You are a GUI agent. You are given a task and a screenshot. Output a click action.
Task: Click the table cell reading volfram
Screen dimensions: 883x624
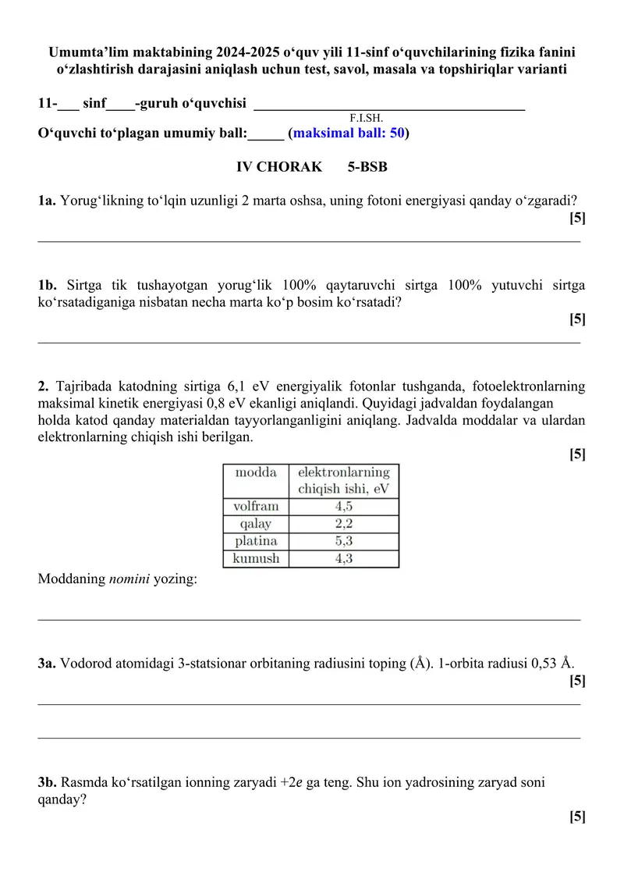(256, 506)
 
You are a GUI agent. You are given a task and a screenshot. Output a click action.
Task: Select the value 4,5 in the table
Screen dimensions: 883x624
(343, 506)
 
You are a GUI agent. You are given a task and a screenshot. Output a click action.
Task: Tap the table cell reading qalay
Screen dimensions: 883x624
(256, 524)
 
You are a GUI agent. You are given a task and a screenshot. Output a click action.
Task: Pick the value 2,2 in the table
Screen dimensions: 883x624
(343, 524)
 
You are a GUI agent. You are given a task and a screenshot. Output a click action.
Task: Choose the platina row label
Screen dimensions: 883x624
(256, 541)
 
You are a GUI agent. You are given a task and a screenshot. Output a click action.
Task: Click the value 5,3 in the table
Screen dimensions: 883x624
(343, 541)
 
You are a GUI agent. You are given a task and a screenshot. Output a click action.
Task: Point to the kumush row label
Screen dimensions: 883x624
(256, 559)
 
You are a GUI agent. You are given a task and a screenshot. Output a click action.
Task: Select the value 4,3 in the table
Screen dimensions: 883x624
(343, 559)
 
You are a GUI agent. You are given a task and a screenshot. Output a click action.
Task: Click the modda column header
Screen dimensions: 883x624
(256, 473)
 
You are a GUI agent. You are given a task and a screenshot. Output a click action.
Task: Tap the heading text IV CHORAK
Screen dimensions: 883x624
(278, 167)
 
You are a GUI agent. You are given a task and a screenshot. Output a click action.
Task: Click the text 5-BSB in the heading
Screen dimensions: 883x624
(367, 167)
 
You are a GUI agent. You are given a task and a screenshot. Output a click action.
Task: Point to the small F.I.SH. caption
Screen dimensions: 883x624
(367, 118)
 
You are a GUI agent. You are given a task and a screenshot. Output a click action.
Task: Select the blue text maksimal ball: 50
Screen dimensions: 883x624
(349, 133)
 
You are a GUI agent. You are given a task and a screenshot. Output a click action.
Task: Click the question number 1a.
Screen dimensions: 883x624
(47, 201)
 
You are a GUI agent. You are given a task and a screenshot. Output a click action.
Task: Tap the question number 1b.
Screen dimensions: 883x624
(48, 285)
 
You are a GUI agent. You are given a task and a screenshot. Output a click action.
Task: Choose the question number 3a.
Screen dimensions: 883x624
(47, 664)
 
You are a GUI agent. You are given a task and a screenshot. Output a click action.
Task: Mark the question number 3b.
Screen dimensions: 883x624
(48, 782)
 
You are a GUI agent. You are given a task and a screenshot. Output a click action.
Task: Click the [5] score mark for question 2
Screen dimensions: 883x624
(577, 454)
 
